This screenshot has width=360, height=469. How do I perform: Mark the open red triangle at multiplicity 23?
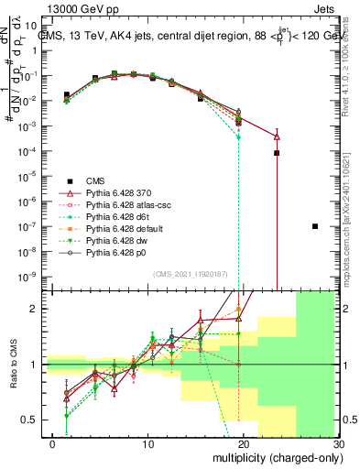[x=277, y=136]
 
